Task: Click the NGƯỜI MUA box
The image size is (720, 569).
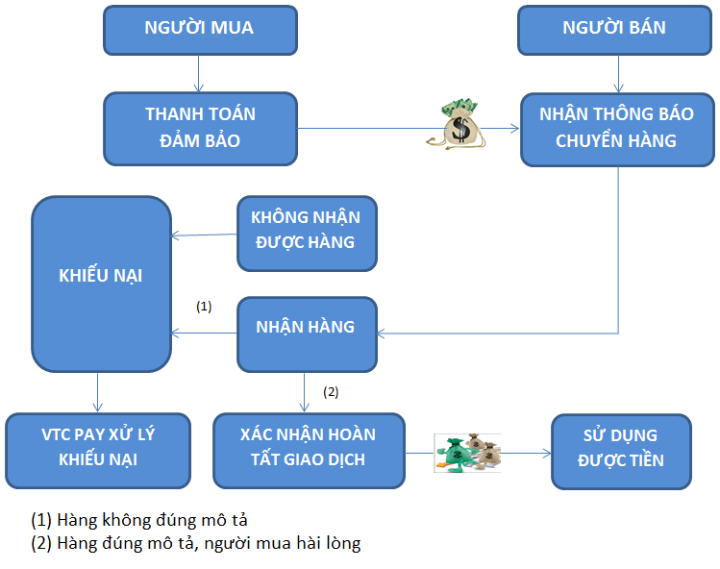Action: click(199, 28)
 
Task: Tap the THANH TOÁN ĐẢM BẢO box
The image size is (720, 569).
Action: click(200, 128)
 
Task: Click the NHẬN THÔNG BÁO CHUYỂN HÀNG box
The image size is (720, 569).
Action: click(615, 128)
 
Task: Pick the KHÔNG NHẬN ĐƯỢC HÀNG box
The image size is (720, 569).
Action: click(306, 233)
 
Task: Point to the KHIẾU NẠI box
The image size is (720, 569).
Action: click(101, 276)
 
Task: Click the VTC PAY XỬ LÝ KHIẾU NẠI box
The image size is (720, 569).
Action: click(98, 447)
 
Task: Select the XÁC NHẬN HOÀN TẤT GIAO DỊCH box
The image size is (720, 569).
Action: click(308, 447)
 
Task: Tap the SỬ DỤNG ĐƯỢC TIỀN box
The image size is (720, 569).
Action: click(620, 447)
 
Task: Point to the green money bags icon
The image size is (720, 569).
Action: click(466, 452)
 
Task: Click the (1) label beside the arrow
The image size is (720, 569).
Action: click(204, 307)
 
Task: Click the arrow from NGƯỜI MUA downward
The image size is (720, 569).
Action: click(199, 72)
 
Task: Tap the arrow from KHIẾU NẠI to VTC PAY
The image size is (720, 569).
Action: click(97, 393)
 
